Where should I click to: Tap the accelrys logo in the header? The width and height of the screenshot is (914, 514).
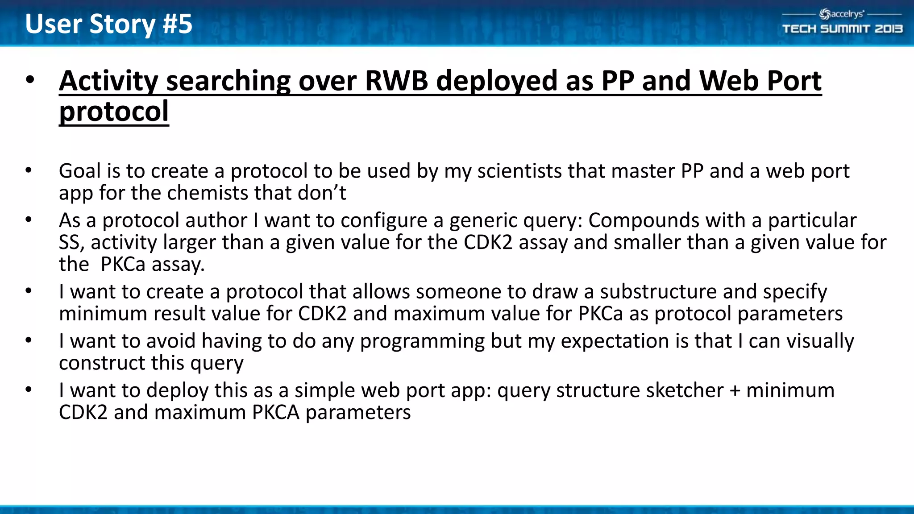[x=842, y=14]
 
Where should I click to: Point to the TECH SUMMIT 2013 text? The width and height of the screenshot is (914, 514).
[x=842, y=29]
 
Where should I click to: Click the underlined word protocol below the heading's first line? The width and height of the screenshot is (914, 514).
[x=114, y=112]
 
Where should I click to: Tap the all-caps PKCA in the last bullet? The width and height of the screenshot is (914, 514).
[x=275, y=412]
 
